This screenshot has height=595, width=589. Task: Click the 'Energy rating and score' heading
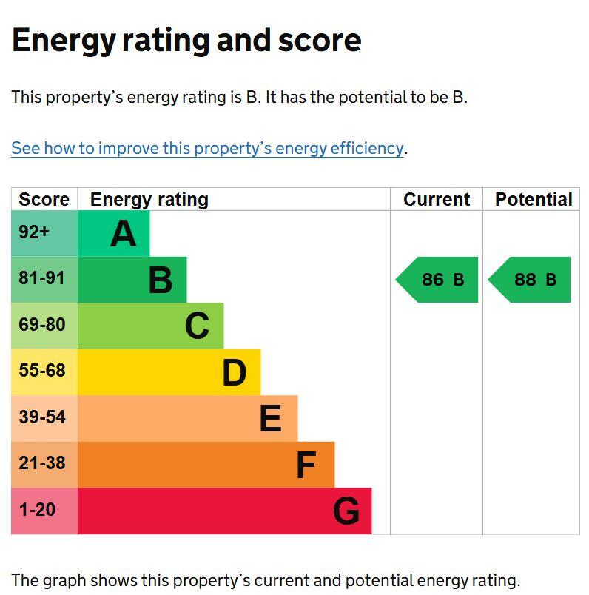(x=186, y=40)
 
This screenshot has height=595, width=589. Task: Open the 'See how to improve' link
(x=207, y=148)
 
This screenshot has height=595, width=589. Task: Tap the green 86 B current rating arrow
(x=439, y=280)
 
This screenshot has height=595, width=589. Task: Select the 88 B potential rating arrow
(x=531, y=280)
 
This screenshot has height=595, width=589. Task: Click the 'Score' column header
(x=44, y=200)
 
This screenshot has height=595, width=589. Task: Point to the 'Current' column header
(x=437, y=200)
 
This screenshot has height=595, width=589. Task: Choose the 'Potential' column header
(x=533, y=200)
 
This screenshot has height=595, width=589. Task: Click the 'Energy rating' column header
(x=149, y=200)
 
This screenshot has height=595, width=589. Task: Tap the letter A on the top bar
(x=124, y=234)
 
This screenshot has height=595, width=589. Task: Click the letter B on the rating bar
(x=161, y=280)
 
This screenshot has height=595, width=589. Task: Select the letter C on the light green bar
(x=197, y=326)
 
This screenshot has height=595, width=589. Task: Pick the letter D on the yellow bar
(x=234, y=373)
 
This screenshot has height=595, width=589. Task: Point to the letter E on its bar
(x=270, y=419)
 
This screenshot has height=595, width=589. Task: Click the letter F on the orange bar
(x=306, y=465)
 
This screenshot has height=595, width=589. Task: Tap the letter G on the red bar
(x=346, y=511)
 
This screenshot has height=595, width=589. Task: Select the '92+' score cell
(x=34, y=232)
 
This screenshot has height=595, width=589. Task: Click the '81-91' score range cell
(x=42, y=278)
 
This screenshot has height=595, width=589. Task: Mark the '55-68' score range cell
(x=42, y=371)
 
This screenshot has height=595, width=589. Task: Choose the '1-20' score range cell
(x=37, y=509)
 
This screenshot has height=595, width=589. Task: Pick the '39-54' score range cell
(x=42, y=417)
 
